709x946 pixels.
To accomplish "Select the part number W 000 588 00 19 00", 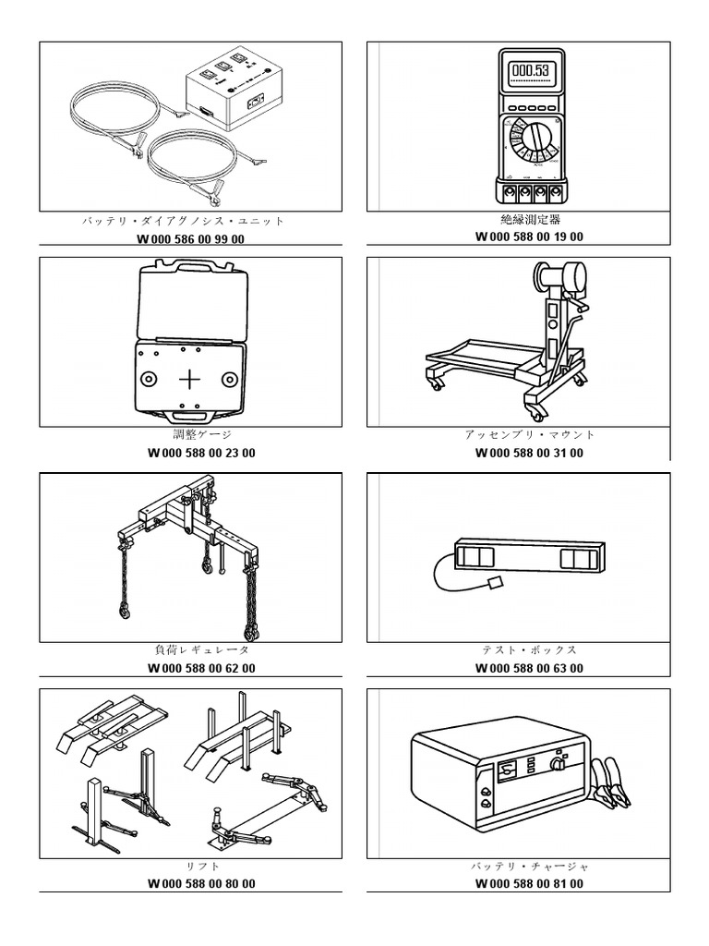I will [529, 236].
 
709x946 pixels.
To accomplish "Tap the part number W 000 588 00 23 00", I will [201, 453].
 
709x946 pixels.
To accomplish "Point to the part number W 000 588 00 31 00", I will [529, 453].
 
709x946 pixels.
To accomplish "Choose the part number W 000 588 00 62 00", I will [201, 668].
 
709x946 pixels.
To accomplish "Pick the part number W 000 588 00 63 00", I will [529, 668].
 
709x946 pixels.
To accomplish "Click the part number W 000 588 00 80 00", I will [201, 883].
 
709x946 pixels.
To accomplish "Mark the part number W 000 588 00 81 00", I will [529, 883].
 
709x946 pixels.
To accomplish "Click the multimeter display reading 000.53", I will [531, 70].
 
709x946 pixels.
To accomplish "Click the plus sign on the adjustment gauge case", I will [190, 379].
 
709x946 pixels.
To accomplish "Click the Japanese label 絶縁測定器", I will [530, 220].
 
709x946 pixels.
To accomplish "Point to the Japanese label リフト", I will [203, 867].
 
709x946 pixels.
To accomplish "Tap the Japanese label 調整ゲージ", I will [201, 435].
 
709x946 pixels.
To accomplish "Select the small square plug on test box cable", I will [493, 583].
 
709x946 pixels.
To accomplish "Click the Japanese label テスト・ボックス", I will [530, 650].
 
